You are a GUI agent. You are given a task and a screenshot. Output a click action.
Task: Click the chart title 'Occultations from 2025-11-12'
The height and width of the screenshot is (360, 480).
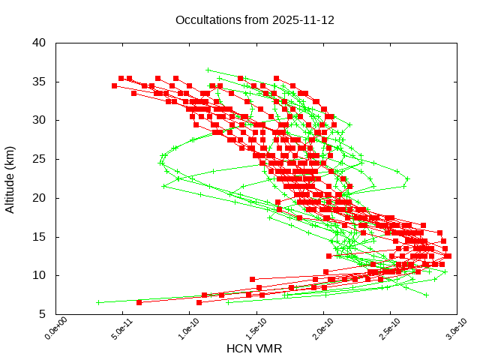pyautogui.click(x=255, y=19)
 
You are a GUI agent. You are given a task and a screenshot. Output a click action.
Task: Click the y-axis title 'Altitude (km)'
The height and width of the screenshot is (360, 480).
pyautogui.click(x=10, y=178)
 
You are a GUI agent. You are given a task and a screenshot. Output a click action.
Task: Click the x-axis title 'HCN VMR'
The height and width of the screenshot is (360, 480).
pyautogui.click(x=255, y=348)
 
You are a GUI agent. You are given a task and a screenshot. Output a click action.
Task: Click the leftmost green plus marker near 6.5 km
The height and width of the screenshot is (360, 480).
pyautogui.click(x=98, y=302)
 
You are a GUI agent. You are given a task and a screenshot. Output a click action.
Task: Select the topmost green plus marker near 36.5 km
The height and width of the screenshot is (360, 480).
pyautogui.click(x=208, y=70)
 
